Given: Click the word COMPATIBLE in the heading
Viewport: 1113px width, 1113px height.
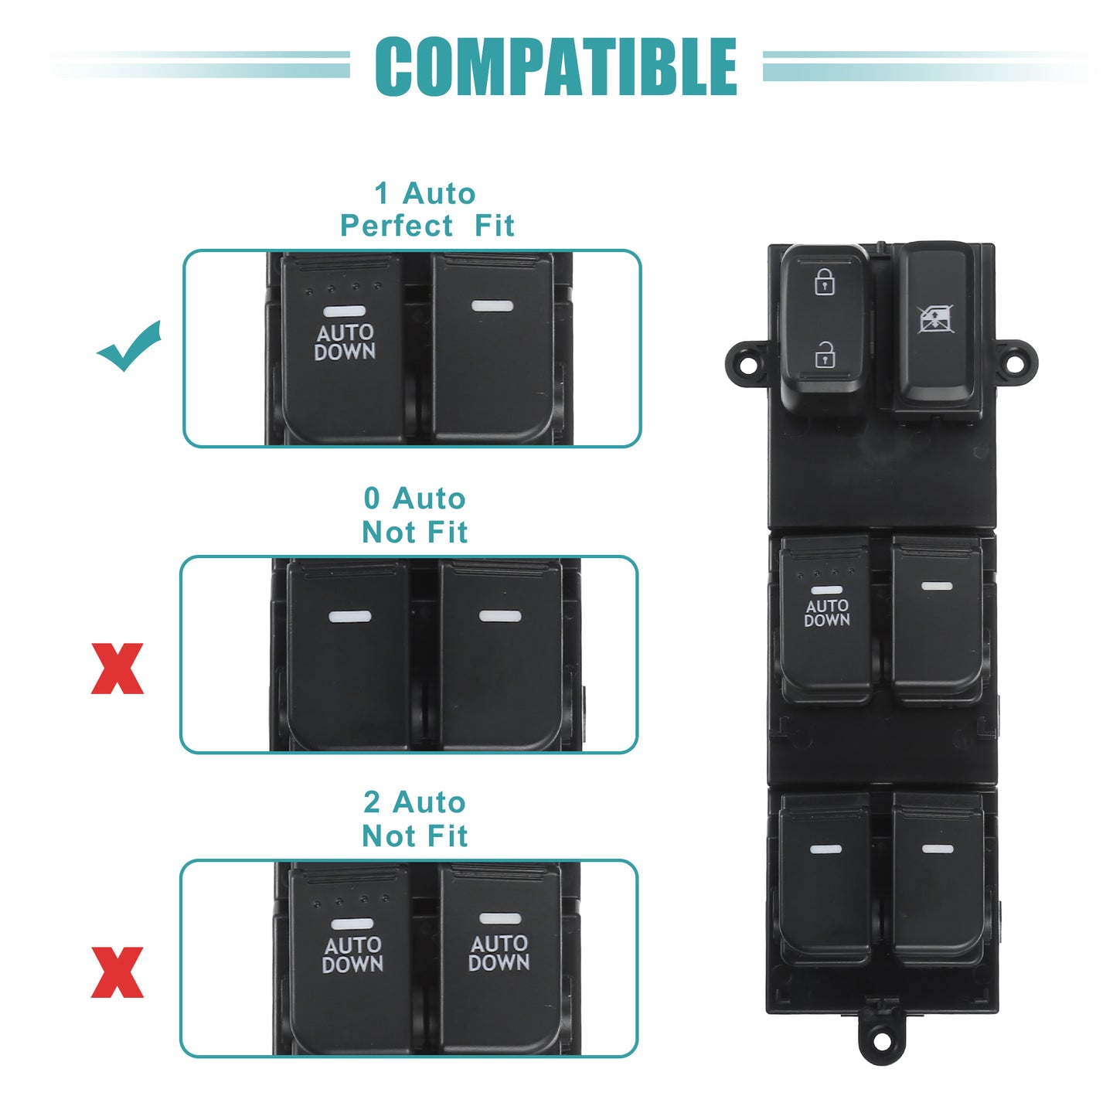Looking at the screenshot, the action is pos(556,66).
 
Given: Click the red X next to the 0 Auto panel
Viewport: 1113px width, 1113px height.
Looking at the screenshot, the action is pos(117,669).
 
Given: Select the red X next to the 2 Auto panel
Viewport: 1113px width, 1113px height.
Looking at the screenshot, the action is pos(117,972).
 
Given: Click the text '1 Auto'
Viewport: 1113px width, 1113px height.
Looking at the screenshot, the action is pos(425,193).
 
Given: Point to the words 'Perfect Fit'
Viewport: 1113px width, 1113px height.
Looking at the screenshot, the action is pos(427,225).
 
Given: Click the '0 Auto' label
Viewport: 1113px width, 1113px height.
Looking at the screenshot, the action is pos(415,498).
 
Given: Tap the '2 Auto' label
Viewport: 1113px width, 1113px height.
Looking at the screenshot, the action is pos(415,802).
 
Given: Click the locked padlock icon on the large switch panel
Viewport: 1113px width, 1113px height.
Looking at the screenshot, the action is pos(824,281).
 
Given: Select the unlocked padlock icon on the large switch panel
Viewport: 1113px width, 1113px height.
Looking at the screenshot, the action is pos(824,355).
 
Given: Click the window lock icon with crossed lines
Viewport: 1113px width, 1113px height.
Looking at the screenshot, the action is pos(936,318).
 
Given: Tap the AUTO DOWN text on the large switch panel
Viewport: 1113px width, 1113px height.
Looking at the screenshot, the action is pos(827,613).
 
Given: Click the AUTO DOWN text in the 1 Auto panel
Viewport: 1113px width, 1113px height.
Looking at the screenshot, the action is pos(345,342).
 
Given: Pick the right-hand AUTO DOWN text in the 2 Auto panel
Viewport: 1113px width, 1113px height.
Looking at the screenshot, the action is pos(499,953).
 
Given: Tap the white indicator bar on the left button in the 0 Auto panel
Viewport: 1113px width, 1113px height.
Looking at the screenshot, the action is pos(349,616).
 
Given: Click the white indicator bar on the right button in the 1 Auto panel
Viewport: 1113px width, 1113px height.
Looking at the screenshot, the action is pos(492,305).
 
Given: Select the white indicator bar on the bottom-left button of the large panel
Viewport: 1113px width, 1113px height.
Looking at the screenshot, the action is pos(825,849).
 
